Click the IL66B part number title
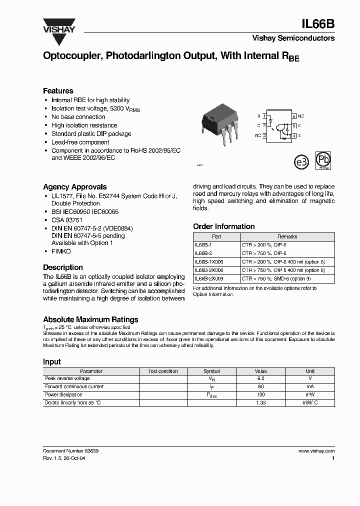[319, 23]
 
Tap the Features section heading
[58, 91]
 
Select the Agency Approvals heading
[74, 187]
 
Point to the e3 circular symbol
[300, 162]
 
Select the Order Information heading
[223, 226]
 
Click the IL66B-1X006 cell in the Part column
[209, 262]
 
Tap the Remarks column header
[287, 237]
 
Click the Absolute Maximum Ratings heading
[90, 319]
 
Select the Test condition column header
[163, 371]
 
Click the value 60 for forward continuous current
[260, 387]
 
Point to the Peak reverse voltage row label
[67, 379]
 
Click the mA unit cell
[310, 387]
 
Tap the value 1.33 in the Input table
[260, 402]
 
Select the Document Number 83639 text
[71, 451]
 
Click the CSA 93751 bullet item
[67, 220]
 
